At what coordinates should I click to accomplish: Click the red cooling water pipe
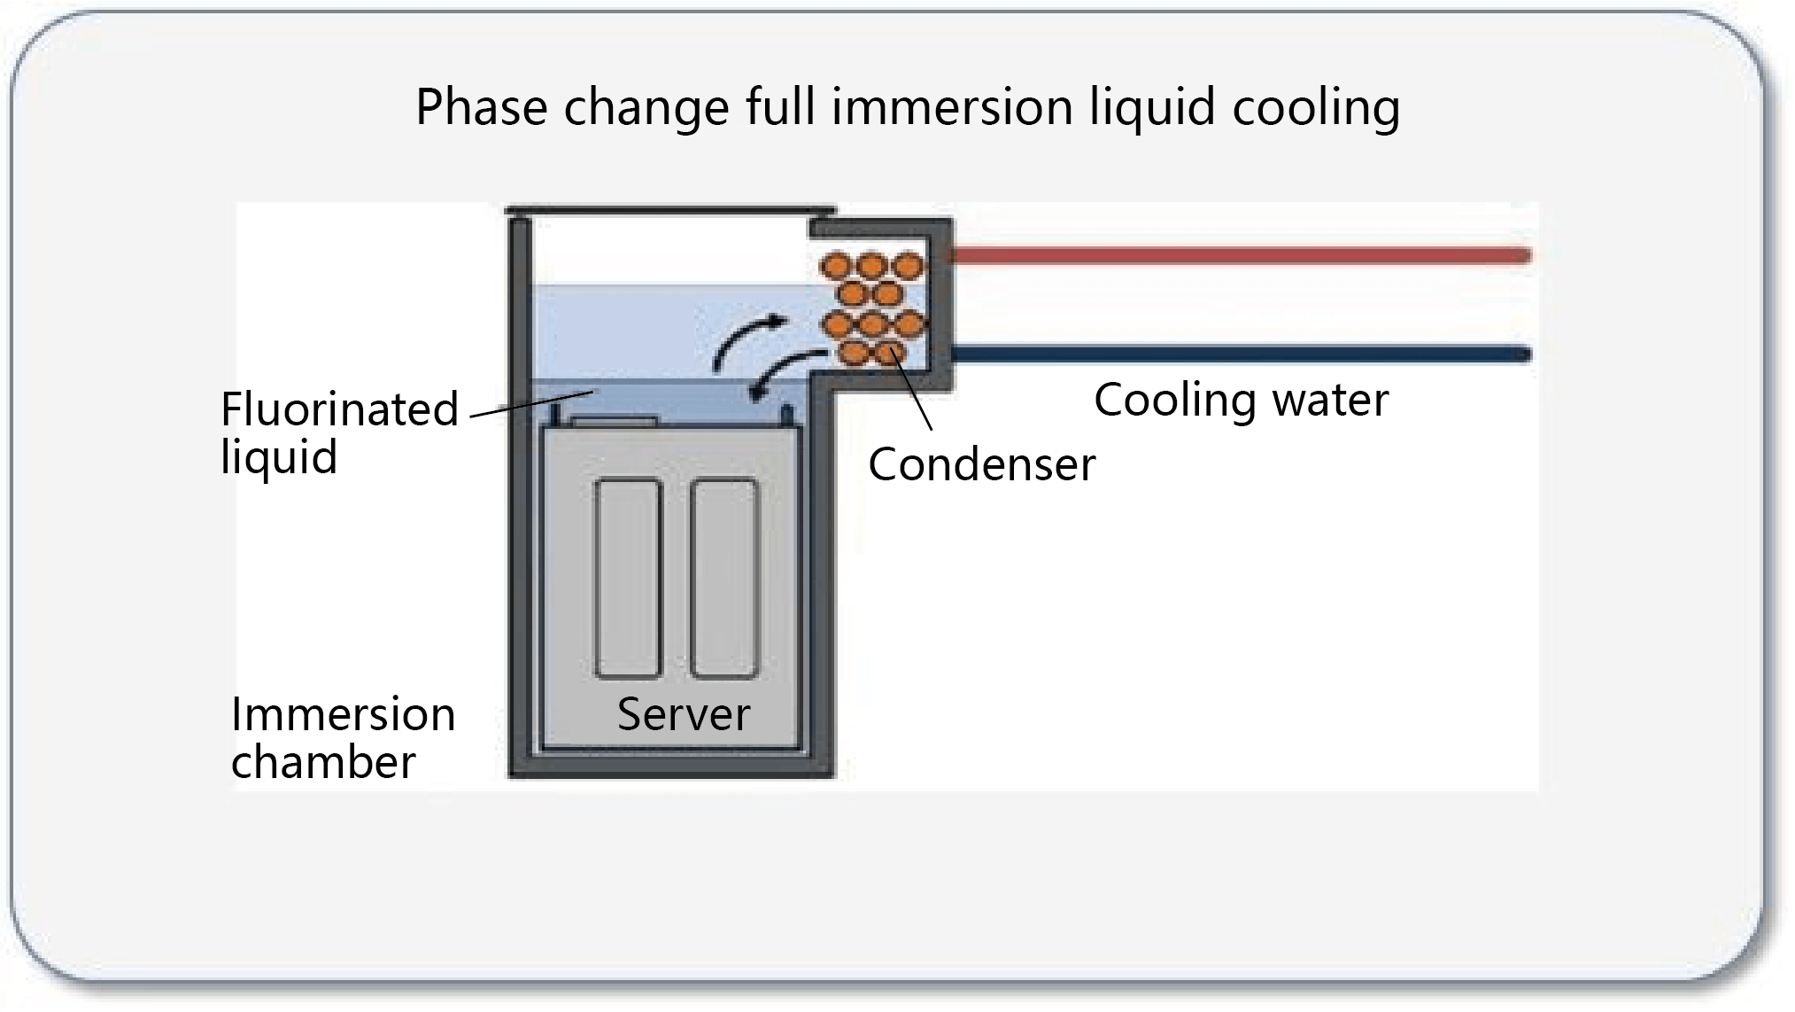pos(1240,256)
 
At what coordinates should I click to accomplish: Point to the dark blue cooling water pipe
pos(1240,355)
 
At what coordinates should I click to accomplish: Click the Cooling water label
pos(1241,401)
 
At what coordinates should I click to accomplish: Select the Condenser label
pos(981,464)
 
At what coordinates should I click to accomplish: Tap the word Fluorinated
pos(339,409)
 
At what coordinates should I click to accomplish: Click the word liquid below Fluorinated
pos(279,457)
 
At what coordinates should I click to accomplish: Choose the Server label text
pos(684,714)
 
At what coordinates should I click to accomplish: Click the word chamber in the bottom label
pos(323,762)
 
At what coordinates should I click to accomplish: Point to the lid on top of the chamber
pos(670,211)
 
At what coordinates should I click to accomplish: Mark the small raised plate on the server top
pos(614,422)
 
